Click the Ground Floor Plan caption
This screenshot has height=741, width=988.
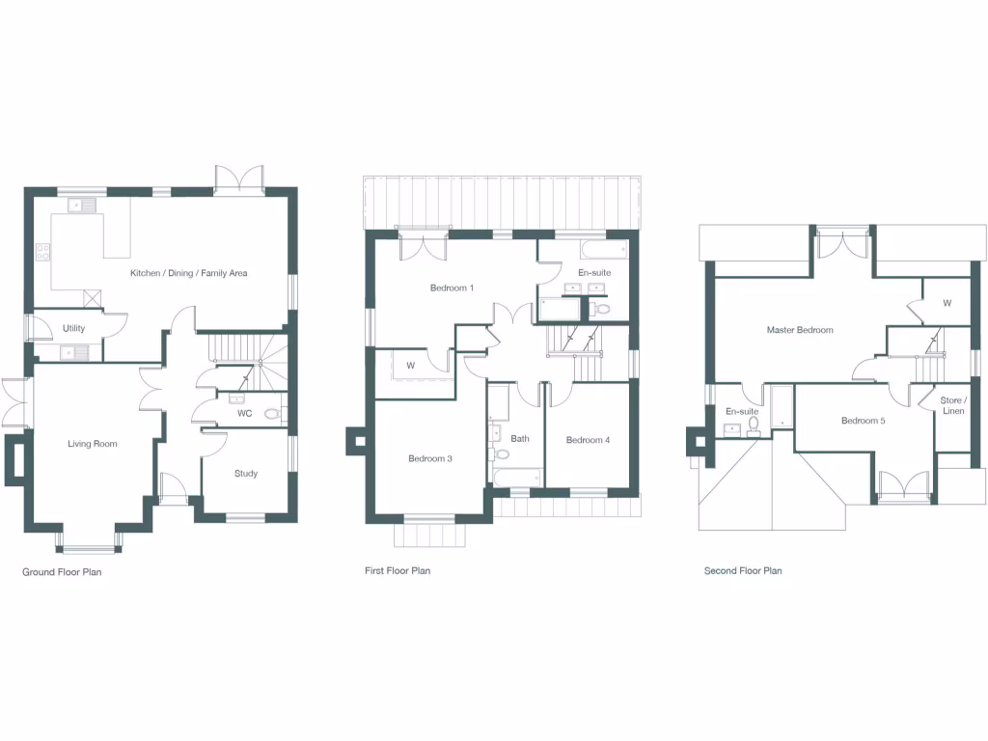click(62, 572)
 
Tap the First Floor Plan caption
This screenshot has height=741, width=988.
click(398, 571)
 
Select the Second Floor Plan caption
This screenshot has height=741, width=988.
click(743, 571)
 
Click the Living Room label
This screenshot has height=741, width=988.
click(93, 444)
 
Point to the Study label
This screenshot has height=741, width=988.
click(246, 474)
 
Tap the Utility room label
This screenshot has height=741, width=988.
click(73, 328)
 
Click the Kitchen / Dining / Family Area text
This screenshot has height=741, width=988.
click(189, 273)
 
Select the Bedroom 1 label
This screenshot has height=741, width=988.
click(452, 288)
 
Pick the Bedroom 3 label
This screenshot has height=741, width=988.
click(430, 458)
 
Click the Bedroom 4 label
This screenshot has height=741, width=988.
click(588, 440)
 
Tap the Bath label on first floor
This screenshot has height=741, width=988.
click(520, 439)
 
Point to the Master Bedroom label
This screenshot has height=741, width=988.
click(800, 330)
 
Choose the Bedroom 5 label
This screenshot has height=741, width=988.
click(863, 421)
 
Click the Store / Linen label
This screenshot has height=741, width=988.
click(953, 405)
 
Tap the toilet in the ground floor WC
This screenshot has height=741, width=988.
click(272, 414)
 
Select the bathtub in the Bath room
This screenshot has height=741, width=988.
click(517, 476)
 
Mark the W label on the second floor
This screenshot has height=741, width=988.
click(947, 303)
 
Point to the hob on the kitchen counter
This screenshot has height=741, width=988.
click(43, 253)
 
